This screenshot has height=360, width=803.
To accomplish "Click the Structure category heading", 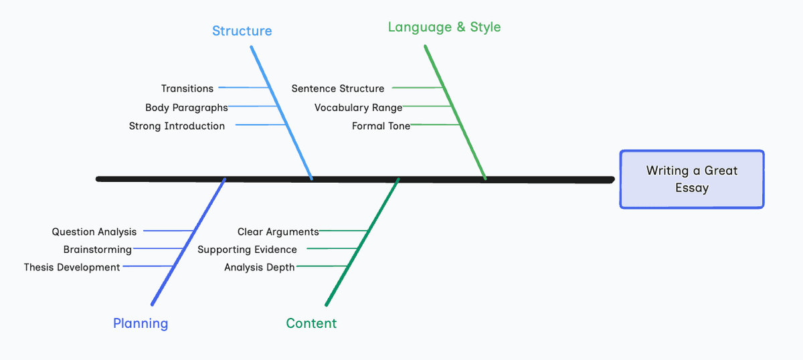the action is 242,31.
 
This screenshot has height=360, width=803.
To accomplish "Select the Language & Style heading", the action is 444,27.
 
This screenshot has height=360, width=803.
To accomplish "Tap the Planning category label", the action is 141,323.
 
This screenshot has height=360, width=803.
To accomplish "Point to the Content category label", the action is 311,323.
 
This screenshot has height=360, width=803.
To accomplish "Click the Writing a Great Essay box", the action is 692,179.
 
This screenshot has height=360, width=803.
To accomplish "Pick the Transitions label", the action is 187,88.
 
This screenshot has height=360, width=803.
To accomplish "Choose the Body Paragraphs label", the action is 187,108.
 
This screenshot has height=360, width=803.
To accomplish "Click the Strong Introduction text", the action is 177,126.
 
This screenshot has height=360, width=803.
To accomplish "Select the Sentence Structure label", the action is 338,88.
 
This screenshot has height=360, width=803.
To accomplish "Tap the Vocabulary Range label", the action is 358,108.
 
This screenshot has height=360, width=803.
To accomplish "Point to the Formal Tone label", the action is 381,126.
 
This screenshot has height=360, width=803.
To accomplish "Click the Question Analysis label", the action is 94,232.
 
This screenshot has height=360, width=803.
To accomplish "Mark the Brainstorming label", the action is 98,250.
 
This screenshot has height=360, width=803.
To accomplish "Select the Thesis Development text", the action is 72,268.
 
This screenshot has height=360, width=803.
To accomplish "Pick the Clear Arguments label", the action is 278,232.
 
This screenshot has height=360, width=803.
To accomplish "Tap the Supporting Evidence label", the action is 247,250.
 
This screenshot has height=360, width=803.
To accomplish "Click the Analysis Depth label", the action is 259,268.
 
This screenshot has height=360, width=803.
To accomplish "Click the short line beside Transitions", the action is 244,88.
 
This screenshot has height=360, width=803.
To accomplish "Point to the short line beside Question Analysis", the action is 169,231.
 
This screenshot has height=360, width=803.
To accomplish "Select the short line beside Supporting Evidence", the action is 332,248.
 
